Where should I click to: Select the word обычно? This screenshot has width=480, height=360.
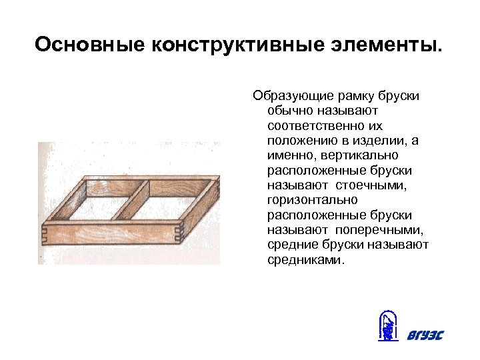tap(289, 111)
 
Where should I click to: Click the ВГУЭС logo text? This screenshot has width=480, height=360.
tap(425, 335)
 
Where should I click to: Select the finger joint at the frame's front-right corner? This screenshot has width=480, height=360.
tap(178, 233)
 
